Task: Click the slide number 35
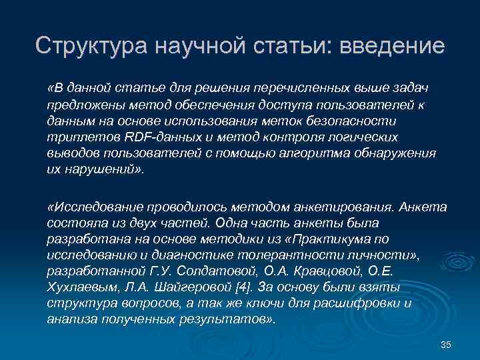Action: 447,344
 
